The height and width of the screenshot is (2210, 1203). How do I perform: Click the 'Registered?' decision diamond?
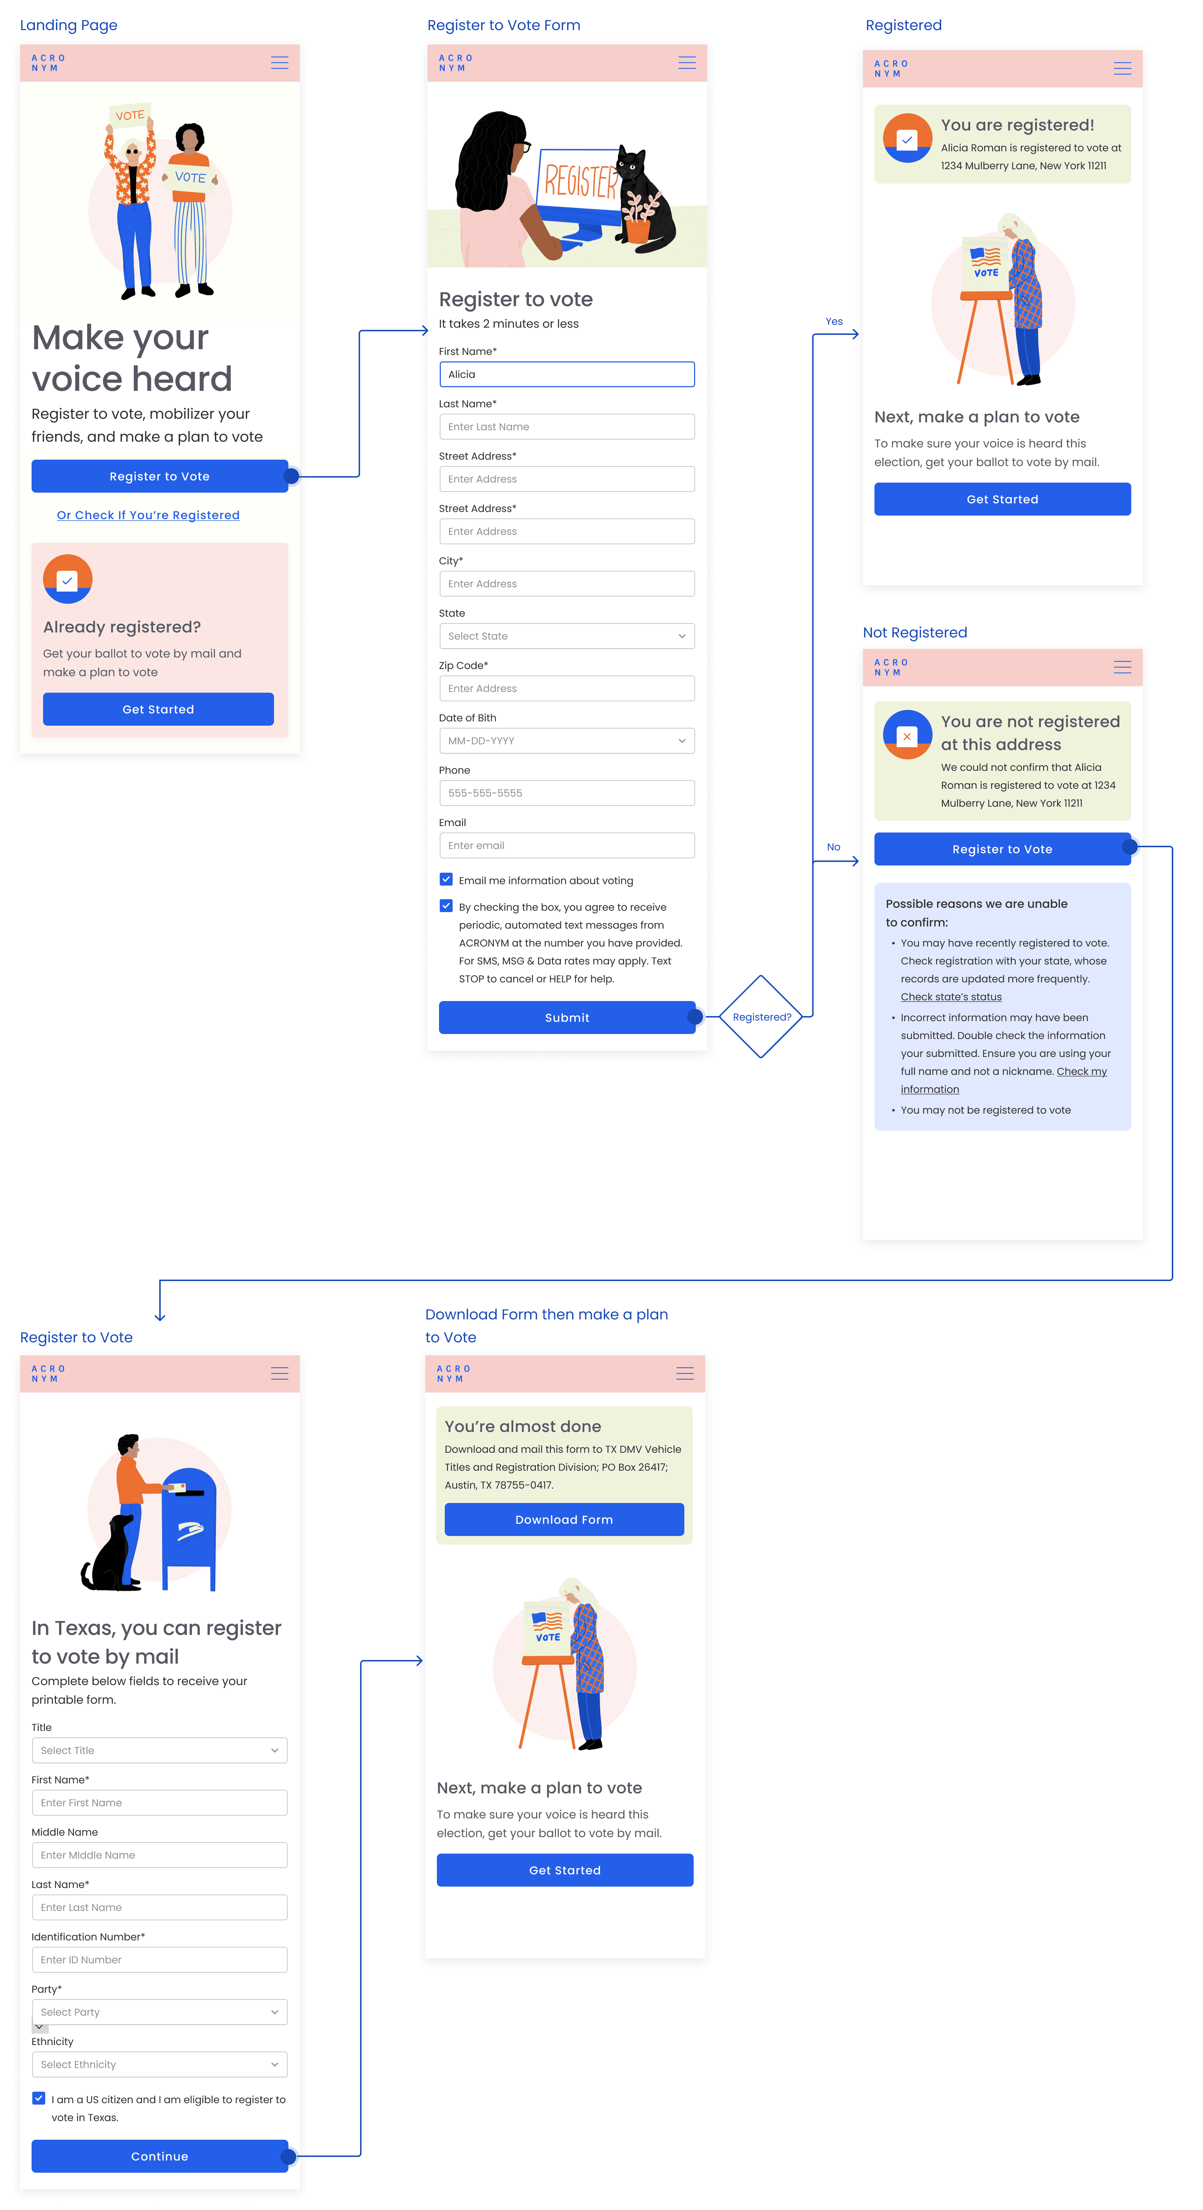[x=761, y=1017]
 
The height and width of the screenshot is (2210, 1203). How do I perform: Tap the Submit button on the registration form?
[x=566, y=1018]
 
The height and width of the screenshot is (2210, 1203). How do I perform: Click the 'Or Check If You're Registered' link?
[x=147, y=515]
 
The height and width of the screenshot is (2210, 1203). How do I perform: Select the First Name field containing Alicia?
[x=566, y=374]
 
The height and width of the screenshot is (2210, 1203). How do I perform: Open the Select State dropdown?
[x=566, y=636]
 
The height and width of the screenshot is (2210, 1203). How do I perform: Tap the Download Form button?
[x=564, y=1519]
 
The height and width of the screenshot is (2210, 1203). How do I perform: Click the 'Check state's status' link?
[x=951, y=997]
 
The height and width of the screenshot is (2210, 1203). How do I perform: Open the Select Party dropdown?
[x=159, y=2012]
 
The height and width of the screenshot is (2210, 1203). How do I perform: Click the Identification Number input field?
[x=159, y=1959]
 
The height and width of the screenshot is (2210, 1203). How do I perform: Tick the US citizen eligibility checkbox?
[x=39, y=2098]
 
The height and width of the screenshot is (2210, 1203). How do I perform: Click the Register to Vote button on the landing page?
[x=160, y=476]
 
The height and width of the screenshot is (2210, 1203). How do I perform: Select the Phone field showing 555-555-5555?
[x=566, y=793]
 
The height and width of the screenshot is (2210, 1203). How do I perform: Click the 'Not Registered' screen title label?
[x=915, y=632]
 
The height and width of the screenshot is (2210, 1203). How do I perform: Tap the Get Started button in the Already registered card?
[x=158, y=710]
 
